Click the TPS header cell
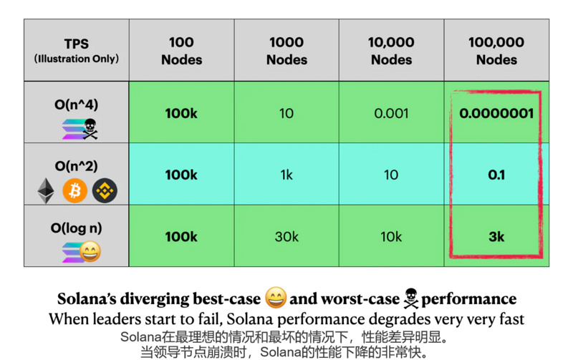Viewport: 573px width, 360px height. [77, 50]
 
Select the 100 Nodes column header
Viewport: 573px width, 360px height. [181, 50]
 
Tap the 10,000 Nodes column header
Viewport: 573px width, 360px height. [391, 50]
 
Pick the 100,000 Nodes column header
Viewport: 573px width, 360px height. [496, 50]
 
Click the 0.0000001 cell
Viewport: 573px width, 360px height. [496, 113]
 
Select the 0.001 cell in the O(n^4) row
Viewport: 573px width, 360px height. [391, 113]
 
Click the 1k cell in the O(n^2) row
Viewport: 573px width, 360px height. [286, 175]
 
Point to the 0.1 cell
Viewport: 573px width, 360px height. [496, 175]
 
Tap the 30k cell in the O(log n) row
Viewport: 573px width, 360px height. [286, 237]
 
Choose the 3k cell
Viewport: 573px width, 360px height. [496, 237]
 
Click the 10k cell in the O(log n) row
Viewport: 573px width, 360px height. [391, 237]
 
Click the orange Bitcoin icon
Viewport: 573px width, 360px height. [75, 190]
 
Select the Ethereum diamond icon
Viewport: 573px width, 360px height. [46, 190]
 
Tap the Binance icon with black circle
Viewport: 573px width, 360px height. [105, 190]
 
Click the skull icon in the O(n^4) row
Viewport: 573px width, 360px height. [90, 129]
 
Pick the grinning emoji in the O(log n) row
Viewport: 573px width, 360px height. [90, 252]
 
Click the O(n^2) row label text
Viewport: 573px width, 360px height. [77, 166]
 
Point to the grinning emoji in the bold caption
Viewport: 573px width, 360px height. [275, 298]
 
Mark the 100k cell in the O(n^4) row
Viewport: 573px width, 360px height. [181, 113]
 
